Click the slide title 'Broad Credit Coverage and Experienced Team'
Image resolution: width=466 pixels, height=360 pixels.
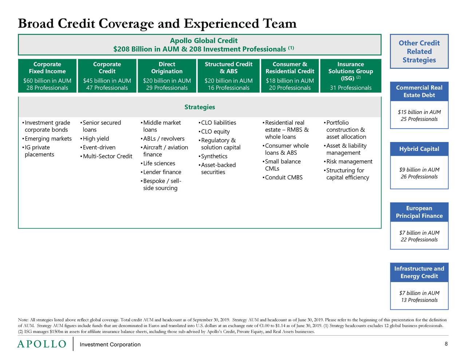[x=157, y=24]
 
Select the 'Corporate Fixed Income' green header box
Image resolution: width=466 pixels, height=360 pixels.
[x=47, y=68]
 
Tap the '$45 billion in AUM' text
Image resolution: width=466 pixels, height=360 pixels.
[x=107, y=80]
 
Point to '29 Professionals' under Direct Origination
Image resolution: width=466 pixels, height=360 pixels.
[x=167, y=88]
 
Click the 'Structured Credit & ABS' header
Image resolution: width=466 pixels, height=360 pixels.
[x=228, y=68]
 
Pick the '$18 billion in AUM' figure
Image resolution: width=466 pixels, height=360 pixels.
[x=290, y=80]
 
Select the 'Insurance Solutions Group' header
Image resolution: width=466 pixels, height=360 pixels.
[x=350, y=68]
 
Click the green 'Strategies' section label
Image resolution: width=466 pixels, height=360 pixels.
[x=200, y=107]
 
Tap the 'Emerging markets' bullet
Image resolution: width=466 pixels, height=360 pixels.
[x=48, y=139]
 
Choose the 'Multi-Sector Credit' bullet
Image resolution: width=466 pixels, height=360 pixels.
[x=107, y=157]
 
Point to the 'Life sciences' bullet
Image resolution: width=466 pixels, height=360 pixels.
[x=159, y=163]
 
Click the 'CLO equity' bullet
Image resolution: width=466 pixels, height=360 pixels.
[x=215, y=132]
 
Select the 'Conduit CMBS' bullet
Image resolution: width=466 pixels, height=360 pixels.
[x=284, y=178]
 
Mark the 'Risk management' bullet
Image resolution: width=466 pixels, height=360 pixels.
[x=349, y=162]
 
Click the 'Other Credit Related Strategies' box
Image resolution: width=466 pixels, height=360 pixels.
[x=419, y=51]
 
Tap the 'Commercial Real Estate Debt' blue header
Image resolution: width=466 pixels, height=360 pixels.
[x=419, y=91]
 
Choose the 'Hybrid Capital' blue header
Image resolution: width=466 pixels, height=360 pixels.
[x=419, y=149]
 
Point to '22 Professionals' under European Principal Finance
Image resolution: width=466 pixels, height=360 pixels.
[x=419, y=240]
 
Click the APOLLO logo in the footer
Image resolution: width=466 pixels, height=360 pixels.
[x=42, y=344]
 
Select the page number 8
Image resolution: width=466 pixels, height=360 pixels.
[x=446, y=344]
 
